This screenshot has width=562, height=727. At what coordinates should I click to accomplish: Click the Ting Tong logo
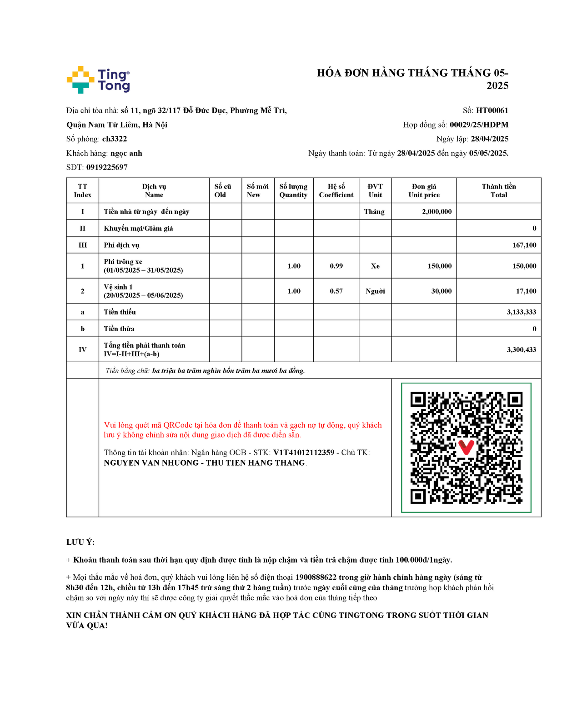coord(98,80)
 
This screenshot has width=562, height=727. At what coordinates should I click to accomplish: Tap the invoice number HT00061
coord(492,110)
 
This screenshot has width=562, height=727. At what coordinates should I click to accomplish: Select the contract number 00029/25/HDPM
coord(479,124)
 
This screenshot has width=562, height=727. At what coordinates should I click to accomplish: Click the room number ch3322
coord(115,139)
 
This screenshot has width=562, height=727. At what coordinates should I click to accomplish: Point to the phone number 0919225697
coord(107,167)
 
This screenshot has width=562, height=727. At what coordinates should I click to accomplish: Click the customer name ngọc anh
coord(126,153)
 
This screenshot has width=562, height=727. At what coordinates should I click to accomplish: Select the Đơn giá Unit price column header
coord(424,190)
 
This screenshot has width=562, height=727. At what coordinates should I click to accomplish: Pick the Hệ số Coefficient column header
coord(336,190)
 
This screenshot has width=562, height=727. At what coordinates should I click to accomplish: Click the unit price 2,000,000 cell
coord(437,211)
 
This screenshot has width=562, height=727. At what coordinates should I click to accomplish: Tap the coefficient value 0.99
coord(336,266)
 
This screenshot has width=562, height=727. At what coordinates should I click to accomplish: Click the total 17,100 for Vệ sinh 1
coord(526,291)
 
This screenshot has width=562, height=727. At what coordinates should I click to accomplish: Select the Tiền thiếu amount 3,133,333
coord(521,312)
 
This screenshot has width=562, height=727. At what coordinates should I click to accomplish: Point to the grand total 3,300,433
coord(521,349)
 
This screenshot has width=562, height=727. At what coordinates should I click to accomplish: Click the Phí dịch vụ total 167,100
coord(524,245)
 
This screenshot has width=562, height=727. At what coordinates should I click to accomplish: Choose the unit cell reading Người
coord(375,291)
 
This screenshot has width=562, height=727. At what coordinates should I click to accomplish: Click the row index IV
coord(82,349)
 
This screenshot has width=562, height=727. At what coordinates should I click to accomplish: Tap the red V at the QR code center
coord(466,447)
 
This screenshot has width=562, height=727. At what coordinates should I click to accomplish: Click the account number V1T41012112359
coord(303,453)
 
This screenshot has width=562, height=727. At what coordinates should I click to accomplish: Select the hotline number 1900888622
coord(316,577)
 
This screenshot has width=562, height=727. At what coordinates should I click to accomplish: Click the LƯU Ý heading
coord(80,542)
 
